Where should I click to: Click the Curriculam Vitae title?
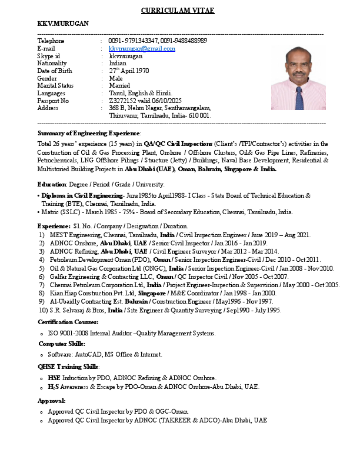(x=178, y=11)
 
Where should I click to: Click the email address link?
(x=142, y=49)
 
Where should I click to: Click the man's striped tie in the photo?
(x=299, y=98)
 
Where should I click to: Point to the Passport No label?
(x=53, y=101)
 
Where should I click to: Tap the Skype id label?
(x=49, y=56)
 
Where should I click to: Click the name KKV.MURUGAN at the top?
(x=63, y=24)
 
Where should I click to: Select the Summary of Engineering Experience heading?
(x=89, y=134)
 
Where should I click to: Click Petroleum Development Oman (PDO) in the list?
(x=101, y=259)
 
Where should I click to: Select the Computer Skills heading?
(x=62, y=344)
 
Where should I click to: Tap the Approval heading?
(x=52, y=401)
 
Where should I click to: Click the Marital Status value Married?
(x=119, y=85)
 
